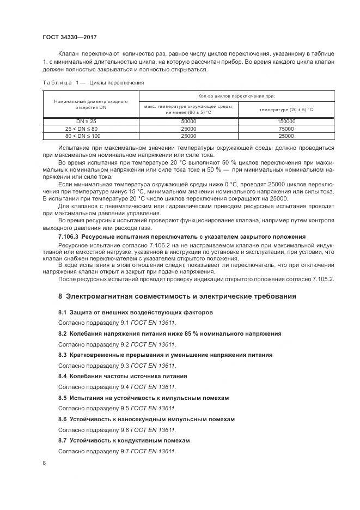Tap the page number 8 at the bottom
point(44,463)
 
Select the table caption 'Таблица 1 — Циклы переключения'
point(93,82)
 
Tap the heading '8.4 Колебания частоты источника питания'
point(123,376)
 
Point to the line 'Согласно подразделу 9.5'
point(117,408)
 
